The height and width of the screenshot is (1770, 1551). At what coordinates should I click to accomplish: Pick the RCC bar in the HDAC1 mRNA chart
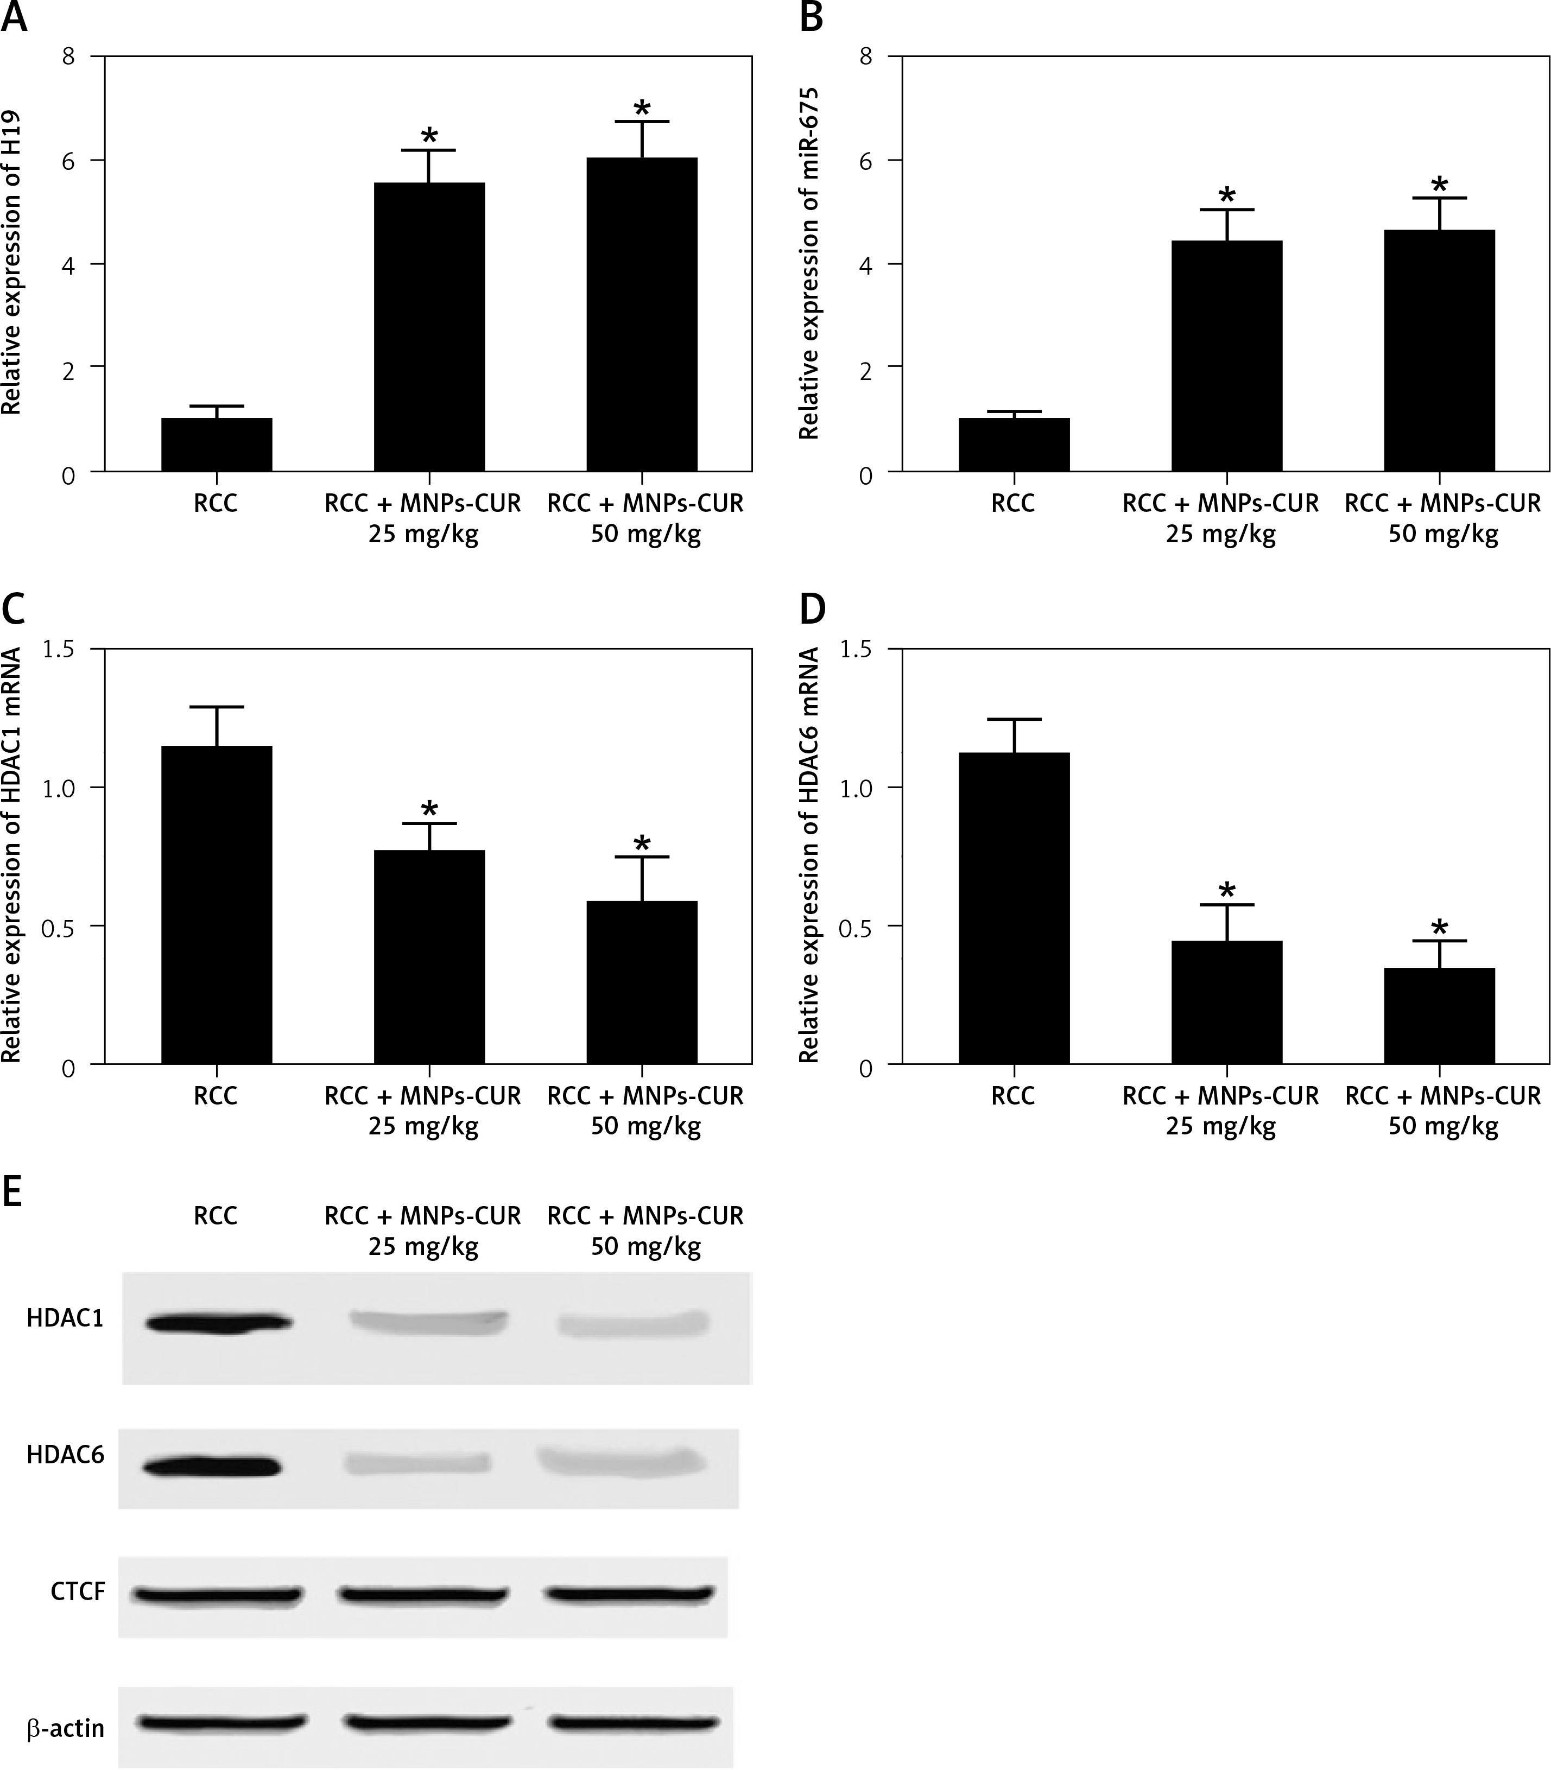[217, 904]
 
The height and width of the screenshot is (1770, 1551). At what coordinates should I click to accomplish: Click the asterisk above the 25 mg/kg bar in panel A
[429, 137]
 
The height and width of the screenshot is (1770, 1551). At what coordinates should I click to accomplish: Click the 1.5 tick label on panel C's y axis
[59, 649]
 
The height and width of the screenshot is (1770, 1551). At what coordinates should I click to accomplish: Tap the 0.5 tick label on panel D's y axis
[857, 926]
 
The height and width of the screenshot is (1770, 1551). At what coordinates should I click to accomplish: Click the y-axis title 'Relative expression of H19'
[11, 263]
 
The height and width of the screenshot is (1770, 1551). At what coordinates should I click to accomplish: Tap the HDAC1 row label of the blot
[65, 1318]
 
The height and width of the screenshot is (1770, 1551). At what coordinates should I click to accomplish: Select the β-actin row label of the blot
[65, 1728]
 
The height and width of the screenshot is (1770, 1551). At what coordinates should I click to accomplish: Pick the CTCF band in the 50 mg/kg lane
[629, 1594]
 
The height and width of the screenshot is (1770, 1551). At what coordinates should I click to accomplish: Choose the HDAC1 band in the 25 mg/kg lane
[428, 1319]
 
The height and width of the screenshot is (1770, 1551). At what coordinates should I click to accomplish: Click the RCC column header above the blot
[216, 1216]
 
